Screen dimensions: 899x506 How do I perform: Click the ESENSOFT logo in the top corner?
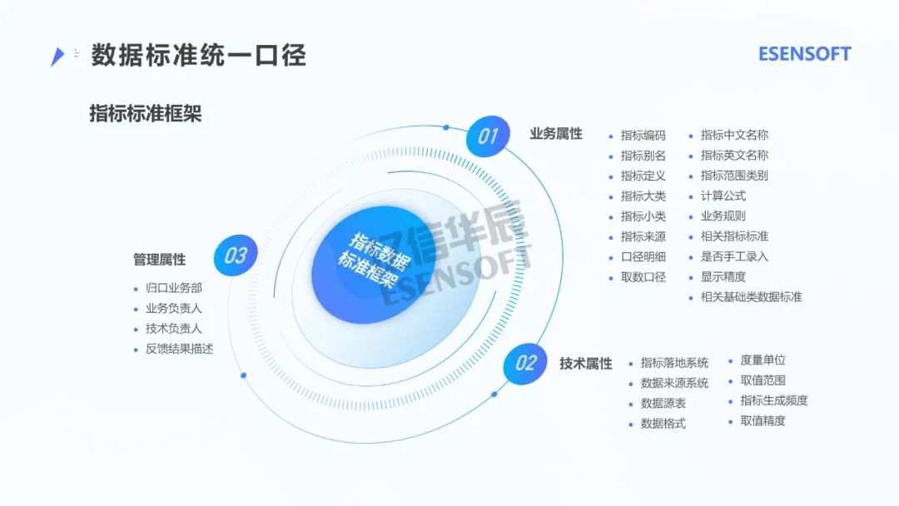point(804,54)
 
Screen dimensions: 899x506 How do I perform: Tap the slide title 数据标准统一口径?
point(198,55)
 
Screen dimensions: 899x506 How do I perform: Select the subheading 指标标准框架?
point(145,114)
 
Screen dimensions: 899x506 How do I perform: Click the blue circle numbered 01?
point(487,136)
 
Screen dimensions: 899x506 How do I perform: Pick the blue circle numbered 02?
point(526,363)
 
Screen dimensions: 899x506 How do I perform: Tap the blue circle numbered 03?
point(236,255)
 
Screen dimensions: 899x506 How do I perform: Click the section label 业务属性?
point(556,134)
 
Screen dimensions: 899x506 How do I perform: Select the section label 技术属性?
point(585,364)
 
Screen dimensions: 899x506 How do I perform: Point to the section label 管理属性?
point(159,260)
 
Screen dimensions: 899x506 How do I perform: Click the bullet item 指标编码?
point(643,136)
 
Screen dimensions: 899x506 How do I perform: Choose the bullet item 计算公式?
point(723,196)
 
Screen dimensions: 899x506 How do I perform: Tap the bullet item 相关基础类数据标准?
point(751,297)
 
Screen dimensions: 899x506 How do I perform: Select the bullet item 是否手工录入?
point(734,256)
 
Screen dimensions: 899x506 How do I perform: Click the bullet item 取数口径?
point(643,277)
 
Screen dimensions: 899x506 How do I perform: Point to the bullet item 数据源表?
point(663,404)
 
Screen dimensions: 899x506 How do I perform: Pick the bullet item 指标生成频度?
point(773,400)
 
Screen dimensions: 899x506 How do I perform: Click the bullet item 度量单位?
point(762,360)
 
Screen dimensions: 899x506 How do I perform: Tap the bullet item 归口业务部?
point(173,288)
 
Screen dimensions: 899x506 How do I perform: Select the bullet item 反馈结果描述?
point(179,349)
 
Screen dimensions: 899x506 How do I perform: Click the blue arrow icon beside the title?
point(57,56)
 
